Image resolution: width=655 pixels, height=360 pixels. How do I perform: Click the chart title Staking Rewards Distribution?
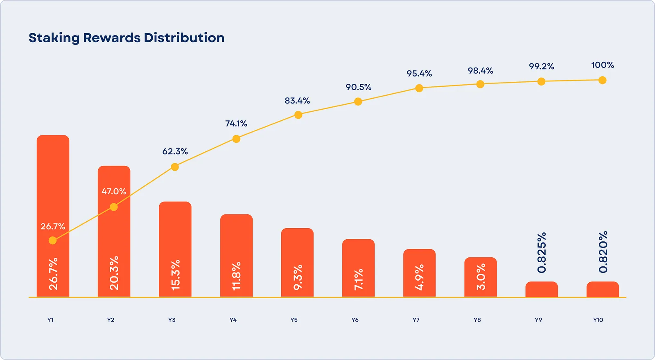pyautogui.click(x=126, y=38)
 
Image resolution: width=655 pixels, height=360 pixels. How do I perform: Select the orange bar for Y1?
pyautogui.click(x=53, y=184)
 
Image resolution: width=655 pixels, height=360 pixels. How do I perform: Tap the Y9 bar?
pyautogui.click(x=542, y=289)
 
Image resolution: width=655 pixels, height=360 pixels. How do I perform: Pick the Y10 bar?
pyautogui.click(x=603, y=289)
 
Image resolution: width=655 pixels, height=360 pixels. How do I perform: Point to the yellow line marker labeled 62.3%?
pyautogui.click(x=175, y=167)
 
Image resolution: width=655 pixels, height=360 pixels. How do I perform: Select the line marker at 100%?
pyautogui.click(x=602, y=80)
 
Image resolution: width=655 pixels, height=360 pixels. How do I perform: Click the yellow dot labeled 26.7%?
pyautogui.click(x=53, y=241)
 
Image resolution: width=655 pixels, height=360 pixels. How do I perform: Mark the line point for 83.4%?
pyautogui.click(x=298, y=115)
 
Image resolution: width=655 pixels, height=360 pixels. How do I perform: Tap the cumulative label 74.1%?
pyautogui.click(x=236, y=124)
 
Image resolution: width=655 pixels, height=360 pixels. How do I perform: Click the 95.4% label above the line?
pyautogui.click(x=419, y=74)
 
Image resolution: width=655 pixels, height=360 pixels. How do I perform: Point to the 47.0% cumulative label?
pyautogui.click(x=114, y=191)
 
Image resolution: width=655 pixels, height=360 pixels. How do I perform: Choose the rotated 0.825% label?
pyautogui.click(x=542, y=253)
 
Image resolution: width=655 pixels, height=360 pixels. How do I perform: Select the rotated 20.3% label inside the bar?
pyautogui.click(x=114, y=273)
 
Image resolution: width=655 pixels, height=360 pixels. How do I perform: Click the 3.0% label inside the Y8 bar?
pyautogui.click(x=481, y=277)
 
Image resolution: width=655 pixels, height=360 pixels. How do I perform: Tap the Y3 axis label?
pyautogui.click(x=172, y=320)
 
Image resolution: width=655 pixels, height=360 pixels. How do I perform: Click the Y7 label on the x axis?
pyautogui.click(x=416, y=320)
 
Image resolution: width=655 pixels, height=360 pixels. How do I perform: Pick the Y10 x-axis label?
pyautogui.click(x=598, y=320)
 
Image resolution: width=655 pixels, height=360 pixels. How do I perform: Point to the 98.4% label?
pyautogui.click(x=480, y=71)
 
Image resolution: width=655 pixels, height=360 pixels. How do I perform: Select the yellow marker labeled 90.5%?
pyautogui.click(x=358, y=101)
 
